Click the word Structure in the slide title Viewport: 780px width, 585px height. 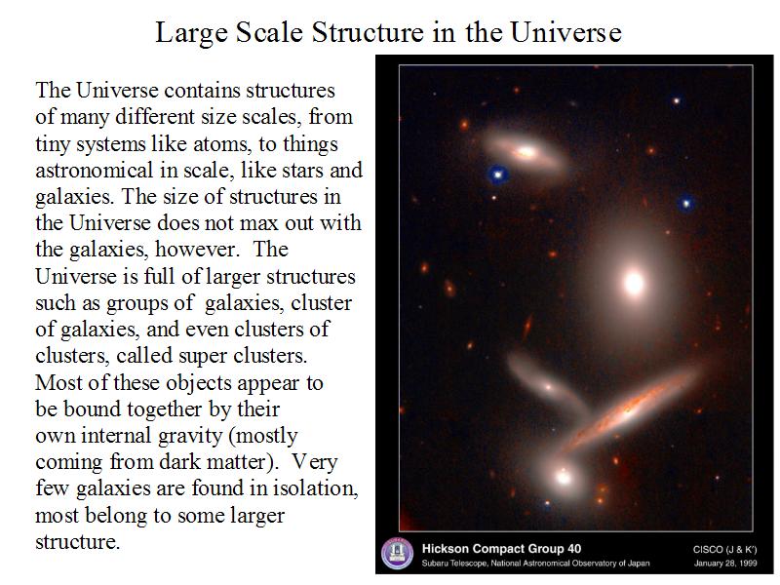point(368,33)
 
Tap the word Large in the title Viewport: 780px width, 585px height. point(191,34)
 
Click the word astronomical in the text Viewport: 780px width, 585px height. point(94,171)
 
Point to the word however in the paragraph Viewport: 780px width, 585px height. point(196,250)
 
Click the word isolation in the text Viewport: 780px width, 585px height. point(315,488)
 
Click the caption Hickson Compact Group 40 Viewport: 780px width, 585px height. point(501,549)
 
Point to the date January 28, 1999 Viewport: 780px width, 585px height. point(725,564)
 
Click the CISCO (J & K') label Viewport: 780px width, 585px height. point(724,549)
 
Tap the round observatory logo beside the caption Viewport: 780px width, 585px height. point(397,554)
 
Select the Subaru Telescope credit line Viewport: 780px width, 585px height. point(535,564)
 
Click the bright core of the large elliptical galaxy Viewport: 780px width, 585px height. point(634,283)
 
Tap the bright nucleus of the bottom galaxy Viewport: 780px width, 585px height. point(564,477)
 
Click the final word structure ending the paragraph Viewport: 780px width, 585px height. point(78,542)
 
